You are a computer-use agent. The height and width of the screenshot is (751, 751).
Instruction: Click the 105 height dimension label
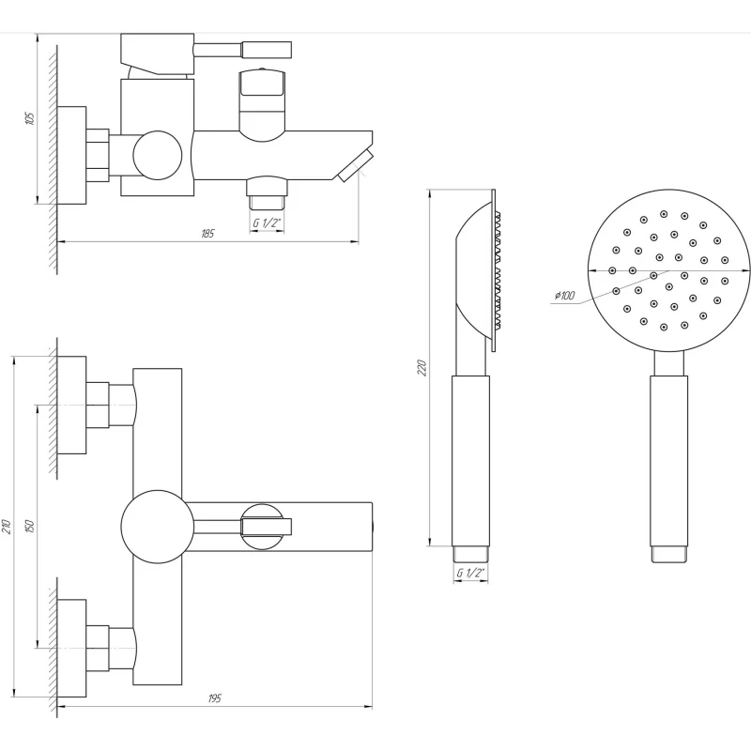pyautogui.click(x=30, y=118)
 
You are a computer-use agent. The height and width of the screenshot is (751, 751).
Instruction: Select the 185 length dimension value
pyautogui.click(x=207, y=234)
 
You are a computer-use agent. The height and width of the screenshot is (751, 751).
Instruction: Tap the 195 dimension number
pyautogui.click(x=215, y=698)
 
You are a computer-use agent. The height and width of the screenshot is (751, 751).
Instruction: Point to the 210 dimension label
pyautogui.click(x=7, y=527)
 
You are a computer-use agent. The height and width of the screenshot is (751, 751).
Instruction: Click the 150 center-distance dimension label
pyautogui.click(x=30, y=527)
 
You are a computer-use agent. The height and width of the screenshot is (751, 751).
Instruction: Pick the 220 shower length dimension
pyautogui.click(x=421, y=367)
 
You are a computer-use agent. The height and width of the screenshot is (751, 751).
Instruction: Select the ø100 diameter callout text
pyautogui.click(x=565, y=295)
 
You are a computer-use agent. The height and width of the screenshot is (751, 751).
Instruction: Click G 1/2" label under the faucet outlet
pyautogui.click(x=267, y=222)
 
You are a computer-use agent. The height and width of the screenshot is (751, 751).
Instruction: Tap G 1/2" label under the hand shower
pyautogui.click(x=470, y=573)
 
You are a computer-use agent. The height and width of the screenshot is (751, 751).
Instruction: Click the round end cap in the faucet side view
pyautogui.click(x=158, y=156)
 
